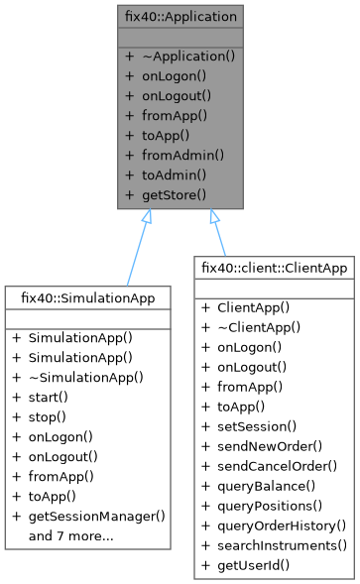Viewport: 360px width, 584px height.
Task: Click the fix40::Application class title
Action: (180, 18)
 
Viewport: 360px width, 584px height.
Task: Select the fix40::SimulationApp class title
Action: (87, 297)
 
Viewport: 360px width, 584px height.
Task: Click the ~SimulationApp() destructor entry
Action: (85, 376)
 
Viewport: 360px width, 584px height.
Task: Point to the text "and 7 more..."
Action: (70, 536)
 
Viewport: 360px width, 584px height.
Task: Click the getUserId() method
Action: (256, 563)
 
